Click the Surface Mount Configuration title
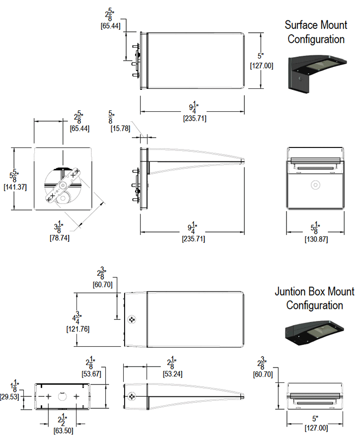(316, 31)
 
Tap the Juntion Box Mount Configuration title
(314, 298)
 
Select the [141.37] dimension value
(15, 187)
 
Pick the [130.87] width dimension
(315, 239)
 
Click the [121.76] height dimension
(77, 328)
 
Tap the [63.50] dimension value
(63, 431)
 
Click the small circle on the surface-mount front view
(315, 185)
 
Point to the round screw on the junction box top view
(132, 319)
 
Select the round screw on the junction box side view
(132, 396)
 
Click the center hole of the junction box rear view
(63, 397)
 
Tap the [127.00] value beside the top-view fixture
(261, 65)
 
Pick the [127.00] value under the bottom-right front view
(315, 428)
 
